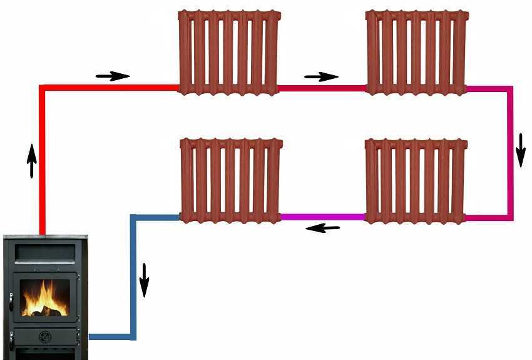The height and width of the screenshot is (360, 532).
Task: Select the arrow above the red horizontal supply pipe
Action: coord(113,76)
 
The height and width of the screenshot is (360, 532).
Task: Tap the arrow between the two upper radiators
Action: coord(321,77)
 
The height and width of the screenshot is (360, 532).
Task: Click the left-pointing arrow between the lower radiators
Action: coord(322,228)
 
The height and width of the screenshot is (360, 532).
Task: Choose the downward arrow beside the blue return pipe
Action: coord(145,279)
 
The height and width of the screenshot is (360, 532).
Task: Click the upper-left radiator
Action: coord(228,52)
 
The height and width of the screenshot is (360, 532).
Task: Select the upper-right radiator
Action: coord(416,52)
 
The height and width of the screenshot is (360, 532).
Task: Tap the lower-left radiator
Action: coord(231,180)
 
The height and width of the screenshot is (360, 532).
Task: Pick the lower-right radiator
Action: coord(416,180)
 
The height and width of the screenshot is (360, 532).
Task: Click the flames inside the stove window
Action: coord(45,299)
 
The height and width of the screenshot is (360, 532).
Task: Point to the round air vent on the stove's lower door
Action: coord(45,337)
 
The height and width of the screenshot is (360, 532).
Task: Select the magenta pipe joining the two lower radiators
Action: coord(322,217)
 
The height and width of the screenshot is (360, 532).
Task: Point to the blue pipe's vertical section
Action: coord(133,275)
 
